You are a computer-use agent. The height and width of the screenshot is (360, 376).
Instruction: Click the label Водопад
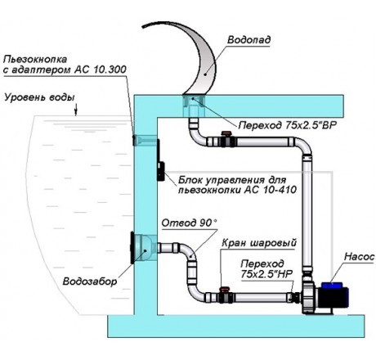coord(248,40)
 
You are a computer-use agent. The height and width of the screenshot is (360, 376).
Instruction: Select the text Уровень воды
coord(39,97)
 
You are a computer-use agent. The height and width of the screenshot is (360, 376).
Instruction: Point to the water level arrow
coord(76,110)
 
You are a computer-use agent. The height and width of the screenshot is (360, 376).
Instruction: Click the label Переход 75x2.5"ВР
coord(288,125)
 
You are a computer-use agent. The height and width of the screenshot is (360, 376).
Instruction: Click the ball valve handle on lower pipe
coord(225,289)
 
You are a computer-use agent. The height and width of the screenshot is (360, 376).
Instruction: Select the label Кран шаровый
coord(258,242)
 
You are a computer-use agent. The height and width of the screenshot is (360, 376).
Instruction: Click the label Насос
coord(359,257)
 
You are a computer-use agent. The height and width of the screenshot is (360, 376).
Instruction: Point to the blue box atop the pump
coord(331,286)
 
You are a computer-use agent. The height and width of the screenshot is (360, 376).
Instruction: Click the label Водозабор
coord(90,281)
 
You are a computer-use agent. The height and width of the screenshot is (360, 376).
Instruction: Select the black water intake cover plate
coord(132,248)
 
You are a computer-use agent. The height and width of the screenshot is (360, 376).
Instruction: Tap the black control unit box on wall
coord(161,171)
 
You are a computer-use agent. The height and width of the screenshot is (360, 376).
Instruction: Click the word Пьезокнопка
coord(35,59)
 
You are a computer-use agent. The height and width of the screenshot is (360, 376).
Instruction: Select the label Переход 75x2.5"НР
coord(266,269)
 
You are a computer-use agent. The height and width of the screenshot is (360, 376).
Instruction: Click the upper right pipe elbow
coord(304,146)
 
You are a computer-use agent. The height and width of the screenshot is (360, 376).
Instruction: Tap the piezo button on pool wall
coord(133,140)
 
